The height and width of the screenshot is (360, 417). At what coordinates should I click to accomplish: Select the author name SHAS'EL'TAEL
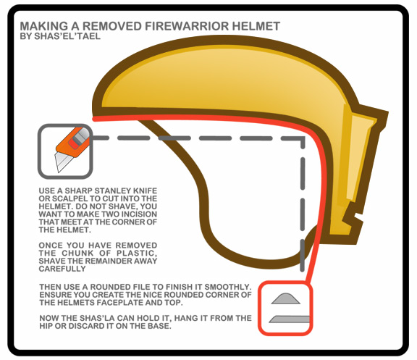point(67,36)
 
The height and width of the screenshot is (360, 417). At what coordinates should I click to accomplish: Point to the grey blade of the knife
point(61,162)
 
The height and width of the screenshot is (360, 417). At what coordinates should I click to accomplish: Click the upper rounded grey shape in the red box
point(286,298)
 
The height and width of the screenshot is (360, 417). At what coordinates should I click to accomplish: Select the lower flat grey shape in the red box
point(290,319)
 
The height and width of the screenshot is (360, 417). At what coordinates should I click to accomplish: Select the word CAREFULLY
point(62,269)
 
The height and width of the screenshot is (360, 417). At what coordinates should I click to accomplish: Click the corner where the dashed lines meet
point(303,138)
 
